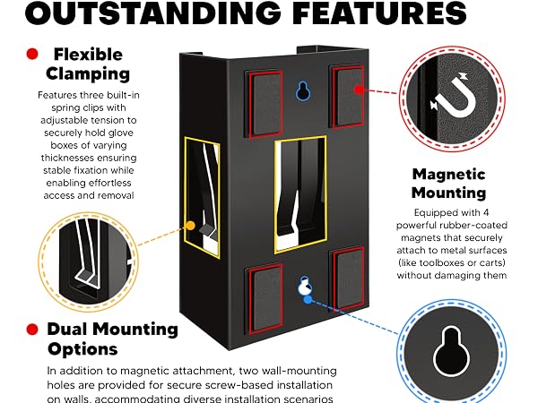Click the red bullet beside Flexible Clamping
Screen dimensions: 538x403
coord(32,54)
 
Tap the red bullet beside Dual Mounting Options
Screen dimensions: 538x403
coord(32,330)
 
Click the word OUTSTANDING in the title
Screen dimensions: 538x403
coord(153,13)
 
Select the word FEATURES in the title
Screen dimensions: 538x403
coord(380,13)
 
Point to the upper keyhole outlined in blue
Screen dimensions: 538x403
coord(303,90)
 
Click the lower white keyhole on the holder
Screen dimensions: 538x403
coord(304,287)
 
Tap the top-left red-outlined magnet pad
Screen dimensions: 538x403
coord(265,105)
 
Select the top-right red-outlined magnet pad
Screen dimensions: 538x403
coord(348,97)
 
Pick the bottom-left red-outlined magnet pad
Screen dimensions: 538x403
coord(265,299)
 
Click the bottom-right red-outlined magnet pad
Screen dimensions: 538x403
coord(348,278)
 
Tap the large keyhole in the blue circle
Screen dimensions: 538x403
coord(451,352)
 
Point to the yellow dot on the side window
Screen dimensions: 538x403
coord(190,226)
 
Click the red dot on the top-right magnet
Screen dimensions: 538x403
coord(359,90)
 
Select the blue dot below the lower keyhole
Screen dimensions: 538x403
coord(308,300)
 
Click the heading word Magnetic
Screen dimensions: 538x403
coord(449,174)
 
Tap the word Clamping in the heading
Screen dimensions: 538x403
coord(88,74)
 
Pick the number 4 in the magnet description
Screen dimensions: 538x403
coord(485,213)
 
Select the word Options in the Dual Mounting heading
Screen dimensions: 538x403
coord(82,349)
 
